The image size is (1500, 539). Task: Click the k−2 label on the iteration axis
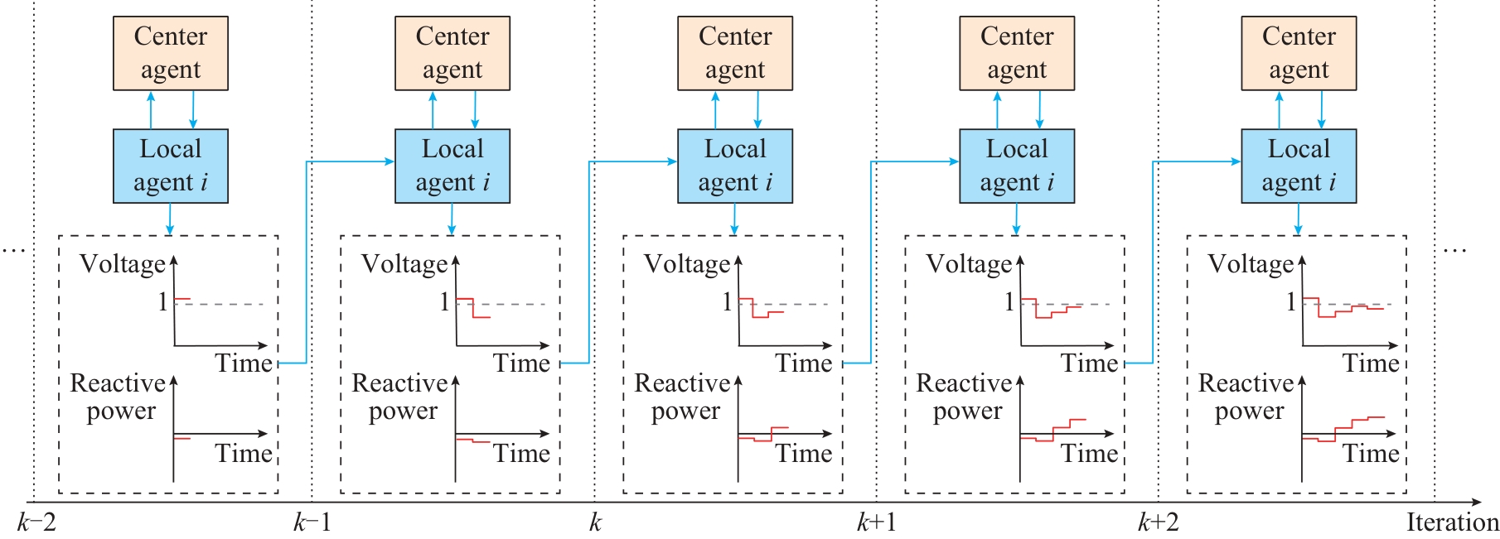pos(36,523)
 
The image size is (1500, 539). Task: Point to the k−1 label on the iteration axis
pos(312,523)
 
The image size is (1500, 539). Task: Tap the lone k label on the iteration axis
pos(594,523)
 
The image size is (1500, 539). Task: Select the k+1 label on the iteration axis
pos(876,523)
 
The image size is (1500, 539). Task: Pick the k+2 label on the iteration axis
pos(1158,523)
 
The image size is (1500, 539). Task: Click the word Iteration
pos(1452,523)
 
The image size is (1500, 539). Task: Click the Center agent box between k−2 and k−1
pos(171,53)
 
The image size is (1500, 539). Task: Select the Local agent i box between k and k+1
pos(735,166)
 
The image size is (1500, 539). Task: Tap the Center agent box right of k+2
pos(1299,53)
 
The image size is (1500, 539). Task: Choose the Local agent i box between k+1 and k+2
pos(1017,166)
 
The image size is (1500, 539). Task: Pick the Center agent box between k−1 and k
pos(452,53)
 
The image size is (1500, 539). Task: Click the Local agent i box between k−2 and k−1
pos(171,166)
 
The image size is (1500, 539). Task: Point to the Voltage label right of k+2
pos(1251,264)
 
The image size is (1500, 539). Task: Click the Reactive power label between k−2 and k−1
pos(119,397)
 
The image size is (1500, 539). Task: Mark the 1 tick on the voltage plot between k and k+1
pos(727,301)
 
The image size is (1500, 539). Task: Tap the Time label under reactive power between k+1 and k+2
pos(1090,454)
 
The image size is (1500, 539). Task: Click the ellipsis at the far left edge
pos(14,248)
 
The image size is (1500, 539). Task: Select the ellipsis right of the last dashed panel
pos(1454,248)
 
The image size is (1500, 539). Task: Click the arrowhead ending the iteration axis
pos(1476,502)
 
